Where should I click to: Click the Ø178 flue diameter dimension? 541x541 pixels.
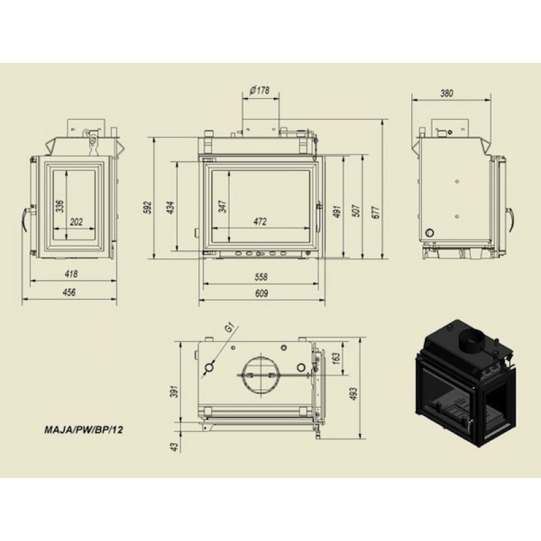point(260,91)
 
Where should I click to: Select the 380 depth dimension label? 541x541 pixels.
point(446,93)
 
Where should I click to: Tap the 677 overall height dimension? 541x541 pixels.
point(376,212)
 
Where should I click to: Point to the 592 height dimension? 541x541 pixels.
point(147,207)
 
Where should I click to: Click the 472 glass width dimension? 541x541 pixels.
point(260,222)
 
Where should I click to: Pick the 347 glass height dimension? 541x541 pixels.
point(223,206)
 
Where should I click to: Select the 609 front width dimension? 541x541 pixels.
point(261,293)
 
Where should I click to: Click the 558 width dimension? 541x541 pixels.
point(261,277)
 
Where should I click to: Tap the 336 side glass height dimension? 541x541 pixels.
point(60,206)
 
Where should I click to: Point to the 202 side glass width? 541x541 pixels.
point(76,222)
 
